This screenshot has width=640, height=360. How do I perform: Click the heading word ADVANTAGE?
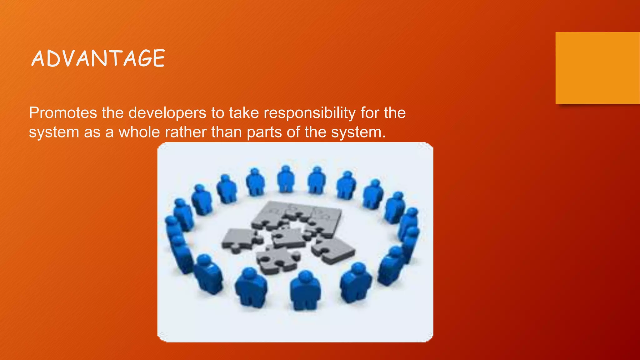(x=98, y=58)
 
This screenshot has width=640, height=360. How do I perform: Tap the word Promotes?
(x=63, y=113)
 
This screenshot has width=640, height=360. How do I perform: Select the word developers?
(x=167, y=113)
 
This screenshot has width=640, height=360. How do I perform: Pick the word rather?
(x=185, y=132)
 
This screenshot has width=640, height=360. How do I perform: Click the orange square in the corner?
(x=597, y=68)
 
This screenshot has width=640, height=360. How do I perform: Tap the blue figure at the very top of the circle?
(x=286, y=180)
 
